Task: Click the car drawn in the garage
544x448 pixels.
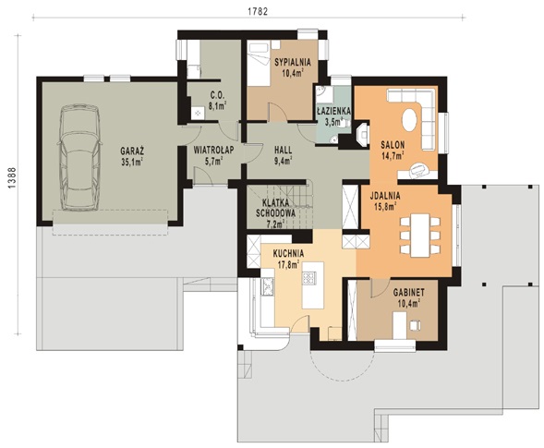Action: coord(79,157)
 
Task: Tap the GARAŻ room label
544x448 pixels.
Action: coord(132,151)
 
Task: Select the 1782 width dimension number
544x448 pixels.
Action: coord(258,11)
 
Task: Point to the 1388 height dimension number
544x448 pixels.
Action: coord(12,178)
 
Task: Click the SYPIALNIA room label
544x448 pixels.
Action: coord(293,63)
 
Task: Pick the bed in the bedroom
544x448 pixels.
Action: coord(260,64)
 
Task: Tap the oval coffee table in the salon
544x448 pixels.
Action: coord(410,120)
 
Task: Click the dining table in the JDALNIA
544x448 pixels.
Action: coord(420,235)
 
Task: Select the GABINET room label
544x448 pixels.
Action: coord(409,293)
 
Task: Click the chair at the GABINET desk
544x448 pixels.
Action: coord(416,325)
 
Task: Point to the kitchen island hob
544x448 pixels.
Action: coord(308,278)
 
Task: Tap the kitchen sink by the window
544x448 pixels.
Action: coord(268,287)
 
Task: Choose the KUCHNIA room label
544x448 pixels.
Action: coord(289,253)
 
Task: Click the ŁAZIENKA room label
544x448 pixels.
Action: coord(334,111)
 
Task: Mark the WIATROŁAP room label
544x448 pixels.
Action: coord(213,150)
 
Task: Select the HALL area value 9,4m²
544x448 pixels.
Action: coord(284,160)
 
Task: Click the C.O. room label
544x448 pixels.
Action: coord(218,95)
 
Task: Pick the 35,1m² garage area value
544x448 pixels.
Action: coord(132,162)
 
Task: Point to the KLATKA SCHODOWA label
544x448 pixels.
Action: coord(275,208)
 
